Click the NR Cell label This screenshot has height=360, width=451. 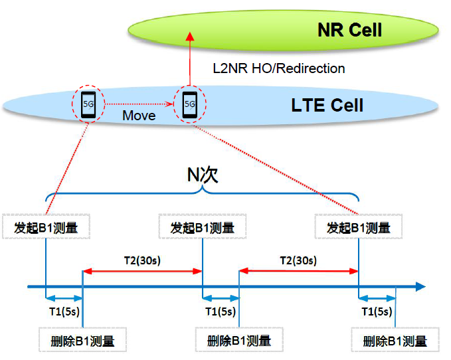pos(349,30)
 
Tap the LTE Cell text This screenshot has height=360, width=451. pos(327,105)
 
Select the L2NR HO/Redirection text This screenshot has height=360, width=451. pos(278,68)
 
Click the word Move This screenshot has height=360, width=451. pos(139,116)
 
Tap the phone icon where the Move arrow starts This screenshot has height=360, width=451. pos(88,104)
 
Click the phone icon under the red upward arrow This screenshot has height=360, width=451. pos(189,104)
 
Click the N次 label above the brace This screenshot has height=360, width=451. pos(203,175)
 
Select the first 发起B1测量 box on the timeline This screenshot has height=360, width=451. pos(46,228)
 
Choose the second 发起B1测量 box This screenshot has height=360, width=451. pos(202,228)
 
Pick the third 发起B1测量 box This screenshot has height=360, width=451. pos(359,228)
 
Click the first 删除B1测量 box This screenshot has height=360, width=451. pos(82,341)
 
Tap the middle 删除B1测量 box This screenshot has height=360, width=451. pos(239,341)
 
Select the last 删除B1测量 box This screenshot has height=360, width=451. pos(395,341)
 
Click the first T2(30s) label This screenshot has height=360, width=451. pos(143,260)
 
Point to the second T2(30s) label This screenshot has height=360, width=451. pos(299,260)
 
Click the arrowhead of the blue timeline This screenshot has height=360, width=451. pos(420,287)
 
